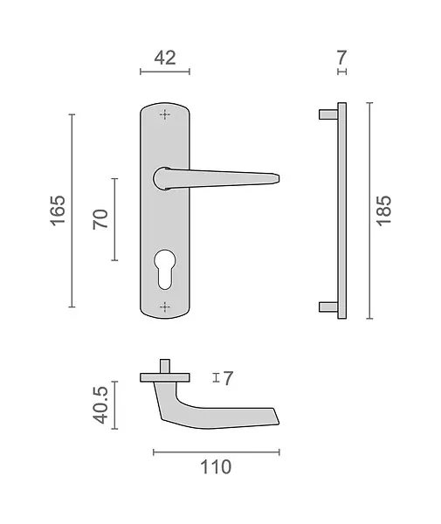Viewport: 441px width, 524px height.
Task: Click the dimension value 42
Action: [x=165, y=58]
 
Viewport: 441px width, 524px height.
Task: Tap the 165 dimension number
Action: [x=58, y=210]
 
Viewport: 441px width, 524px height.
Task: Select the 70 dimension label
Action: [x=100, y=219]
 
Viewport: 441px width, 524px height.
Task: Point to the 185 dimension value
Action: [x=383, y=210]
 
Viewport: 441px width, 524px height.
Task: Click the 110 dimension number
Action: [x=216, y=467]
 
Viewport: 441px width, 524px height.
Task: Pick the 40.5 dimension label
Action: [x=100, y=404]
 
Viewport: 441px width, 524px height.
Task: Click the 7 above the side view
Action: [x=341, y=58]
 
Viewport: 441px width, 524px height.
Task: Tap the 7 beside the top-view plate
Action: [x=228, y=378]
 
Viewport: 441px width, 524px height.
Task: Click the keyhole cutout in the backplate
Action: [x=165, y=269]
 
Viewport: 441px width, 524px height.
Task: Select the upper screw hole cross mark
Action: [x=165, y=114]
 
